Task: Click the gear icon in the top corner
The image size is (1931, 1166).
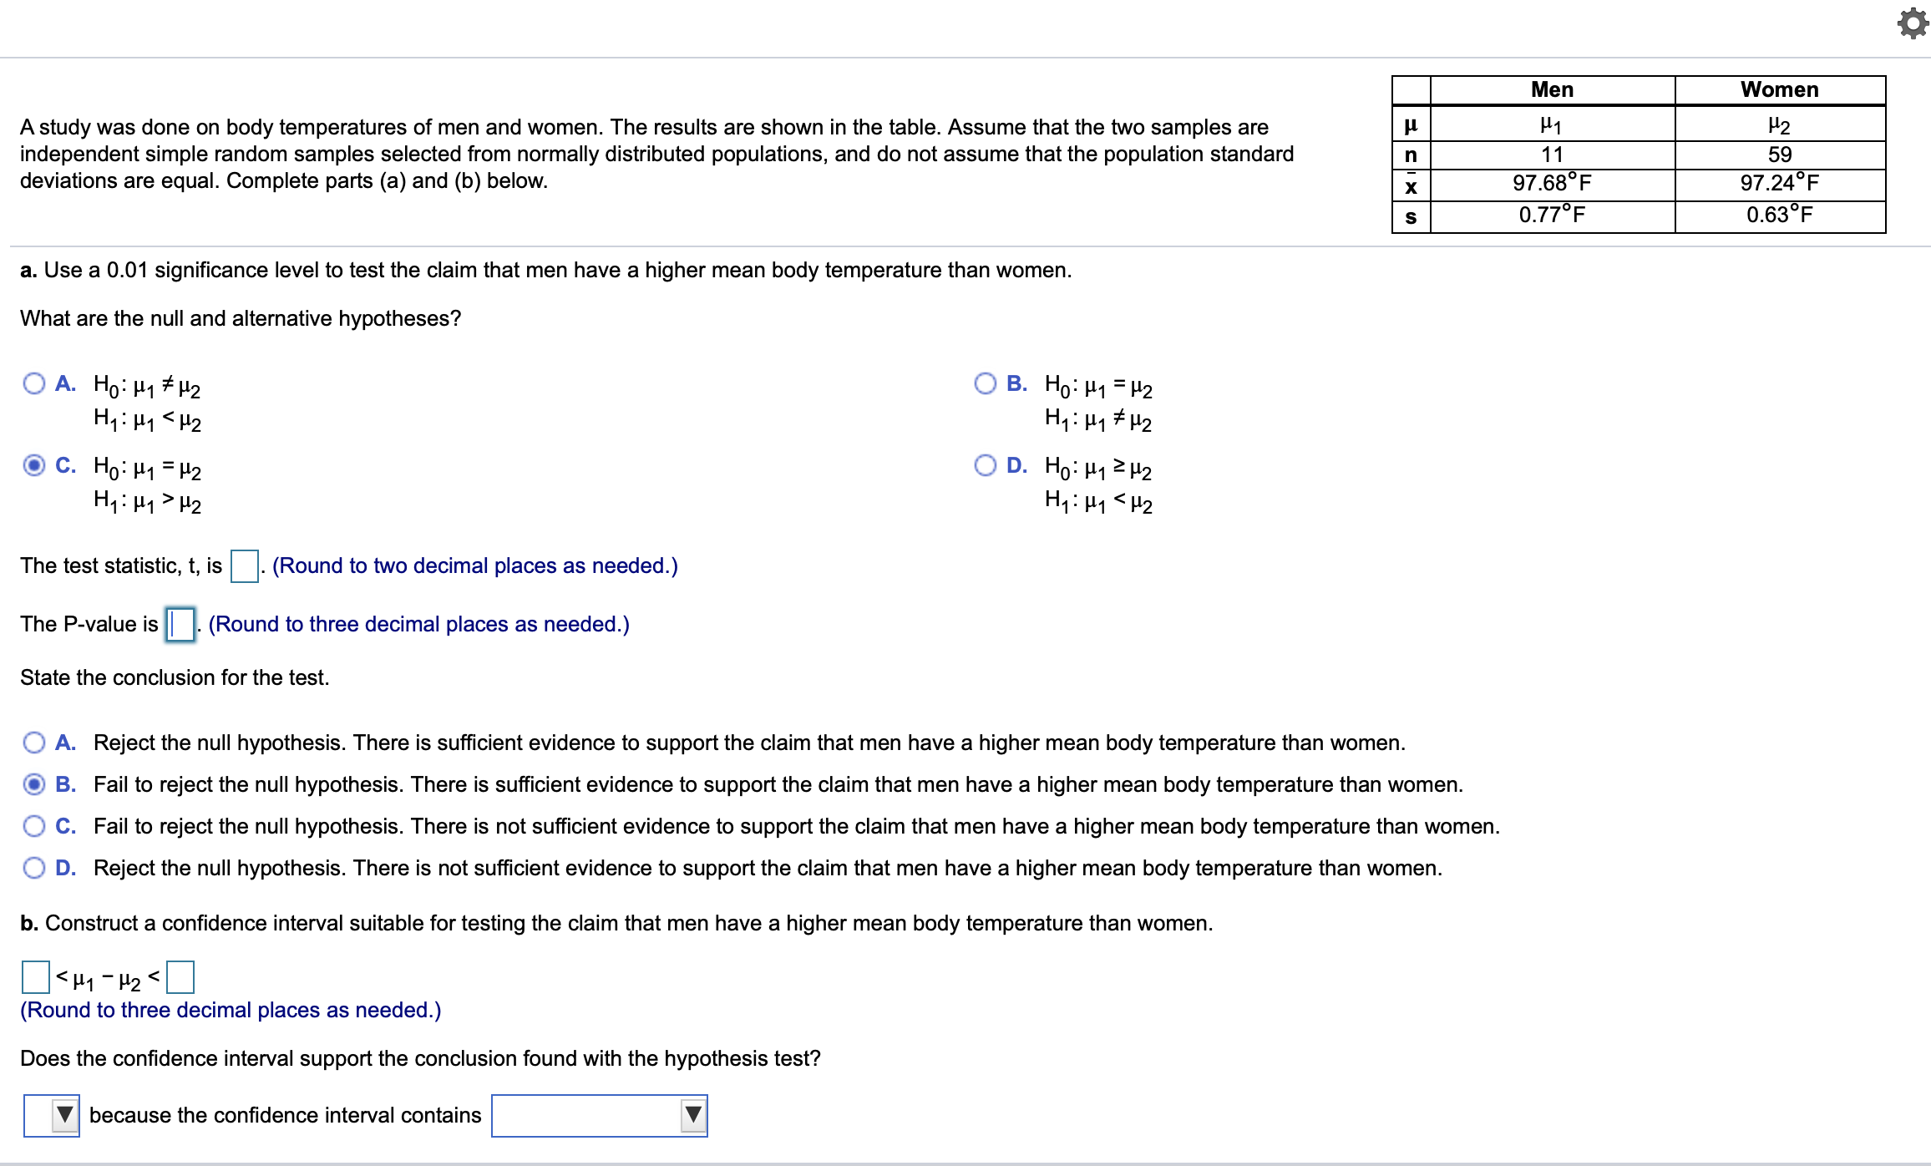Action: point(1913,23)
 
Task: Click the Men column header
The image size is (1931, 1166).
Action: point(1552,90)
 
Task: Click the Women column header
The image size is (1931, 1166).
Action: point(1779,90)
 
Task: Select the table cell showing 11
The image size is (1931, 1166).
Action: point(1552,155)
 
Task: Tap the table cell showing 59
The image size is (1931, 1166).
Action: point(1779,155)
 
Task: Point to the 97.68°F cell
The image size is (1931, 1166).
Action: point(1552,184)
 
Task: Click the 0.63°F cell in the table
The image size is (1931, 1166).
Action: point(1779,215)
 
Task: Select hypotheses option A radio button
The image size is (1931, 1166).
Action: point(34,383)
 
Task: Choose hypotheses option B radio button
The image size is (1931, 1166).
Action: point(986,383)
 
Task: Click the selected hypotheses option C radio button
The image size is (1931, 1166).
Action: point(34,465)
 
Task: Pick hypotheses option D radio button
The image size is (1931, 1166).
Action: point(986,465)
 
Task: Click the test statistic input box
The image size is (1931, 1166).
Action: point(244,565)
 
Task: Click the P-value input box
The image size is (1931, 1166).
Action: point(180,624)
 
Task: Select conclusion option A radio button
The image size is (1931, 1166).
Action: point(34,743)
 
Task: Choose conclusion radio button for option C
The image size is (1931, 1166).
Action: point(34,826)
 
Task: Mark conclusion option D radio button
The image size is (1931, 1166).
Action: point(34,868)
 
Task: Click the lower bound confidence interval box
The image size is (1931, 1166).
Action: point(36,976)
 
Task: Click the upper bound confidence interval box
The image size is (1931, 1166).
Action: point(180,976)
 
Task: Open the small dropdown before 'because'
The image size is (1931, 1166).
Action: point(52,1115)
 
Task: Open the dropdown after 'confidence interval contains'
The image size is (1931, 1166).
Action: point(600,1115)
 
